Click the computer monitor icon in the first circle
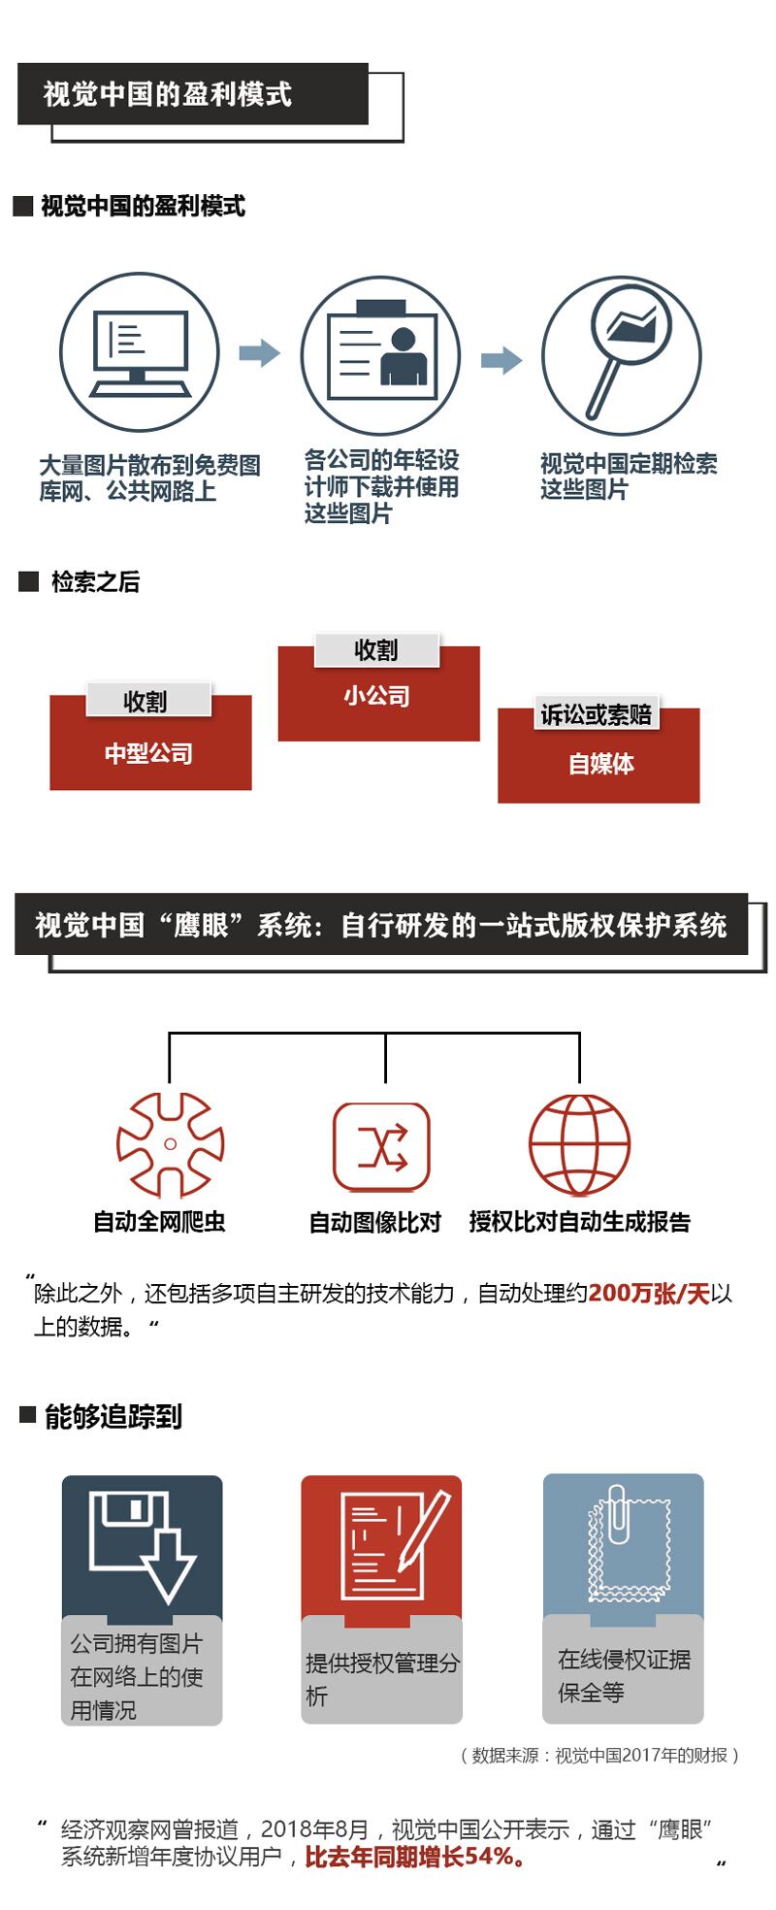[x=140, y=352]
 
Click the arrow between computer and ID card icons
[x=259, y=352]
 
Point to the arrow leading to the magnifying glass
[x=501, y=360]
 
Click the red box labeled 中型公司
[x=150, y=753]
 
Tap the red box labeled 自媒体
[x=598, y=765]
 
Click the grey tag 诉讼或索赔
[x=596, y=715]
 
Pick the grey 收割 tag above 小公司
[x=376, y=650]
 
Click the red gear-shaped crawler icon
[x=170, y=1144]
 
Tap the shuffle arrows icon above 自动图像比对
[x=381, y=1148]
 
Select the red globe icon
[x=579, y=1145]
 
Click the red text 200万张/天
[x=649, y=1294]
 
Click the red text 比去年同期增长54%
[x=416, y=1857]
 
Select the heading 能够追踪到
[x=113, y=1416]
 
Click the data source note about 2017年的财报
[x=599, y=1755]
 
